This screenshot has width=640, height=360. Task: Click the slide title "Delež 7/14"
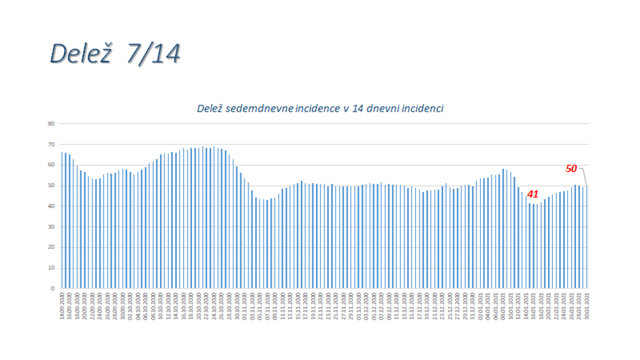pyautogui.click(x=114, y=54)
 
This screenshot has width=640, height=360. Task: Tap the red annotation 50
pyautogui.click(x=572, y=168)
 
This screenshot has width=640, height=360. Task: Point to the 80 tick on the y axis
pyautogui.click(x=51, y=124)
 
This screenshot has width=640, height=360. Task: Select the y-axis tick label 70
pyautogui.click(x=51, y=144)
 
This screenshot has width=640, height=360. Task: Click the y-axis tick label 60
pyautogui.click(x=51, y=165)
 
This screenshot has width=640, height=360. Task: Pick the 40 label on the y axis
pyautogui.click(x=51, y=206)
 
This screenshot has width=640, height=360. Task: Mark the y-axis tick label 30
pyautogui.click(x=51, y=227)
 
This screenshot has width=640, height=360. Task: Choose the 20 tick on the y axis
pyautogui.click(x=51, y=247)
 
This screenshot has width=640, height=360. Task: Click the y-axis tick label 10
pyautogui.click(x=51, y=267)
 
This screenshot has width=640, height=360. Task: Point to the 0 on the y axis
pyautogui.click(x=52, y=288)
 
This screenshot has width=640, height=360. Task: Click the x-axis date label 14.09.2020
pyautogui.click(x=62, y=305)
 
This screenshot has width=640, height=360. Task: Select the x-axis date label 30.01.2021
pyautogui.click(x=587, y=305)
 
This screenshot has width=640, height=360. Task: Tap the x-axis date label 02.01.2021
pyautogui.click(x=481, y=305)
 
